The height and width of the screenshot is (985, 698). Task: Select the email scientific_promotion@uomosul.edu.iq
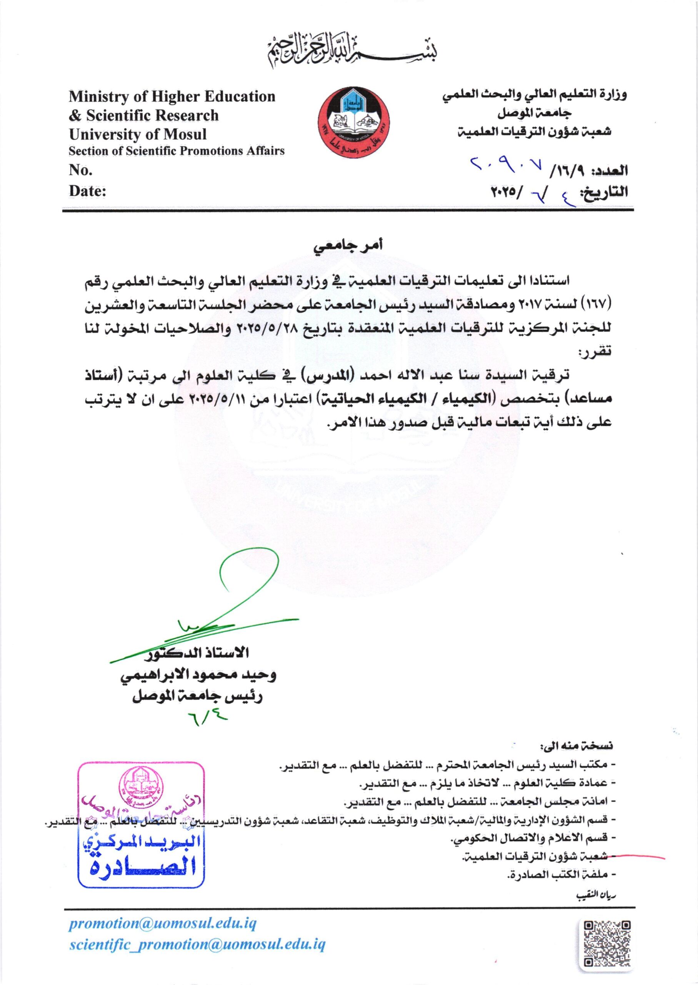[197, 944]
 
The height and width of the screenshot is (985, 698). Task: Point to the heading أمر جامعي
[348, 246]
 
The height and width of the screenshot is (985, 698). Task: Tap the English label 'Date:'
[88, 191]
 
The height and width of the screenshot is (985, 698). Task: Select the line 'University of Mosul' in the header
[138, 134]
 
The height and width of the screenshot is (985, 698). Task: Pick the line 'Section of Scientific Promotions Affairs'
[177, 151]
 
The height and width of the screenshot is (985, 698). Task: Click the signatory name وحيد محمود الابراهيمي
[198, 675]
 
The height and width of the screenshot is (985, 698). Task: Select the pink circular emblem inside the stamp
[141, 785]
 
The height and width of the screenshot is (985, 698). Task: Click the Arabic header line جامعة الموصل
[535, 113]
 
